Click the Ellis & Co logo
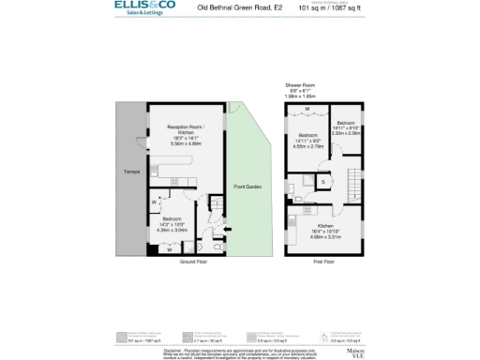tap(144, 8)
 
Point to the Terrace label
tap(132, 172)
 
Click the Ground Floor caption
tap(188, 262)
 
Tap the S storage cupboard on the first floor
tap(322, 180)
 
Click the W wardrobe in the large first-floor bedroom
tap(308, 109)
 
